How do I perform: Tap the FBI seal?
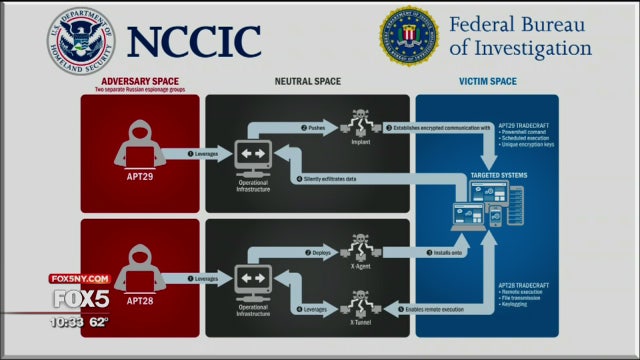click(409, 35)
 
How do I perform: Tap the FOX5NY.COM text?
click(75, 279)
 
